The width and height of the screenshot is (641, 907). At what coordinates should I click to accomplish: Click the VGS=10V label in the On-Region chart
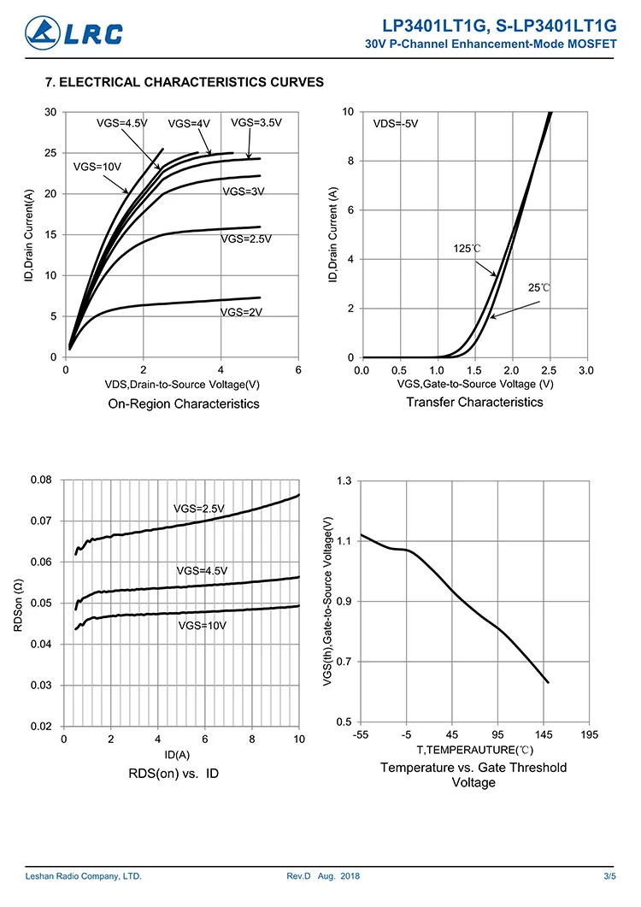(97, 167)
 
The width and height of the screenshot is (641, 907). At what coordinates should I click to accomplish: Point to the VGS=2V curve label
(241, 313)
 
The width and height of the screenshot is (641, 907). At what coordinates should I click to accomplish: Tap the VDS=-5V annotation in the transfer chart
(396, 124)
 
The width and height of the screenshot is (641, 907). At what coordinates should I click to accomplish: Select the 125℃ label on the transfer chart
(467, 249)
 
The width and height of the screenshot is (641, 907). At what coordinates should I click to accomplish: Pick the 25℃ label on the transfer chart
(539, 288)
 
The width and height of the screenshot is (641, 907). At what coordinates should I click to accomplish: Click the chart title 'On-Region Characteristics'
(184, 403)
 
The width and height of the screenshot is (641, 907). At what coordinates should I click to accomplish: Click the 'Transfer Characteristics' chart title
(474, 402)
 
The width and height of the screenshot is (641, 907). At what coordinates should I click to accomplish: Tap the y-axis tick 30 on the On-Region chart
(50, 112)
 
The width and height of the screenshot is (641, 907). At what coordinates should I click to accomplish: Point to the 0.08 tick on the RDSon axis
(41, 480)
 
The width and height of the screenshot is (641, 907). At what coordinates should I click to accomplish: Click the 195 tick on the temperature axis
(589, 735)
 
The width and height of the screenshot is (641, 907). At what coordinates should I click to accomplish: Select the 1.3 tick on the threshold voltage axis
(344, 481)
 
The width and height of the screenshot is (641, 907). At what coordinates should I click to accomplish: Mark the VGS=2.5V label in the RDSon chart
(199, 509)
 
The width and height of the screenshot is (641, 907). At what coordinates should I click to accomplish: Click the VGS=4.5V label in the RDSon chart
(202, 570)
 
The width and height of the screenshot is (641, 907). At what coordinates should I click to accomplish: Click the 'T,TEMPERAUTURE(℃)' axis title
(474, 750)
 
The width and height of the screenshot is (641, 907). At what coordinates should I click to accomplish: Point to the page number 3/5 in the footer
(609, 877)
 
